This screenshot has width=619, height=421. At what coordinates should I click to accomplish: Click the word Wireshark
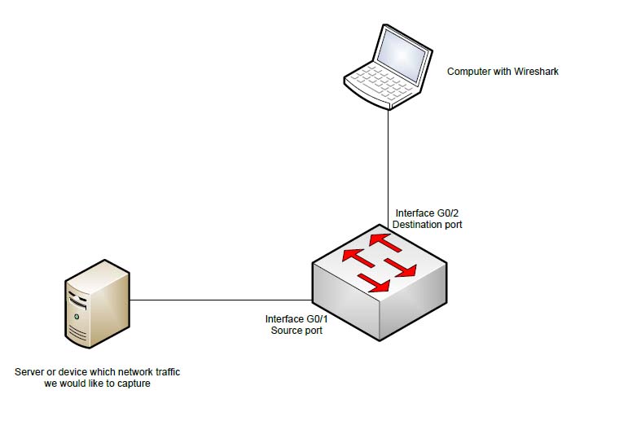(x=535, y=72)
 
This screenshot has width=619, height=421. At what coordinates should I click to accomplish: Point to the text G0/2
(x=446, y=212)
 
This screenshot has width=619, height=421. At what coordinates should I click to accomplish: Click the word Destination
(x=418, y=224)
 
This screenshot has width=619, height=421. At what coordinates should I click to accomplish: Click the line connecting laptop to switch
(x=389, y=155)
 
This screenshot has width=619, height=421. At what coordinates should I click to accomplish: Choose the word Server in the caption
(x=30, y=372)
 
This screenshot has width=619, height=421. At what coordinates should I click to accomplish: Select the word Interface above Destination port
(x=415, y=212)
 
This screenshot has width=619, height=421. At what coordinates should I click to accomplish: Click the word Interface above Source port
(x=285, y=319)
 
